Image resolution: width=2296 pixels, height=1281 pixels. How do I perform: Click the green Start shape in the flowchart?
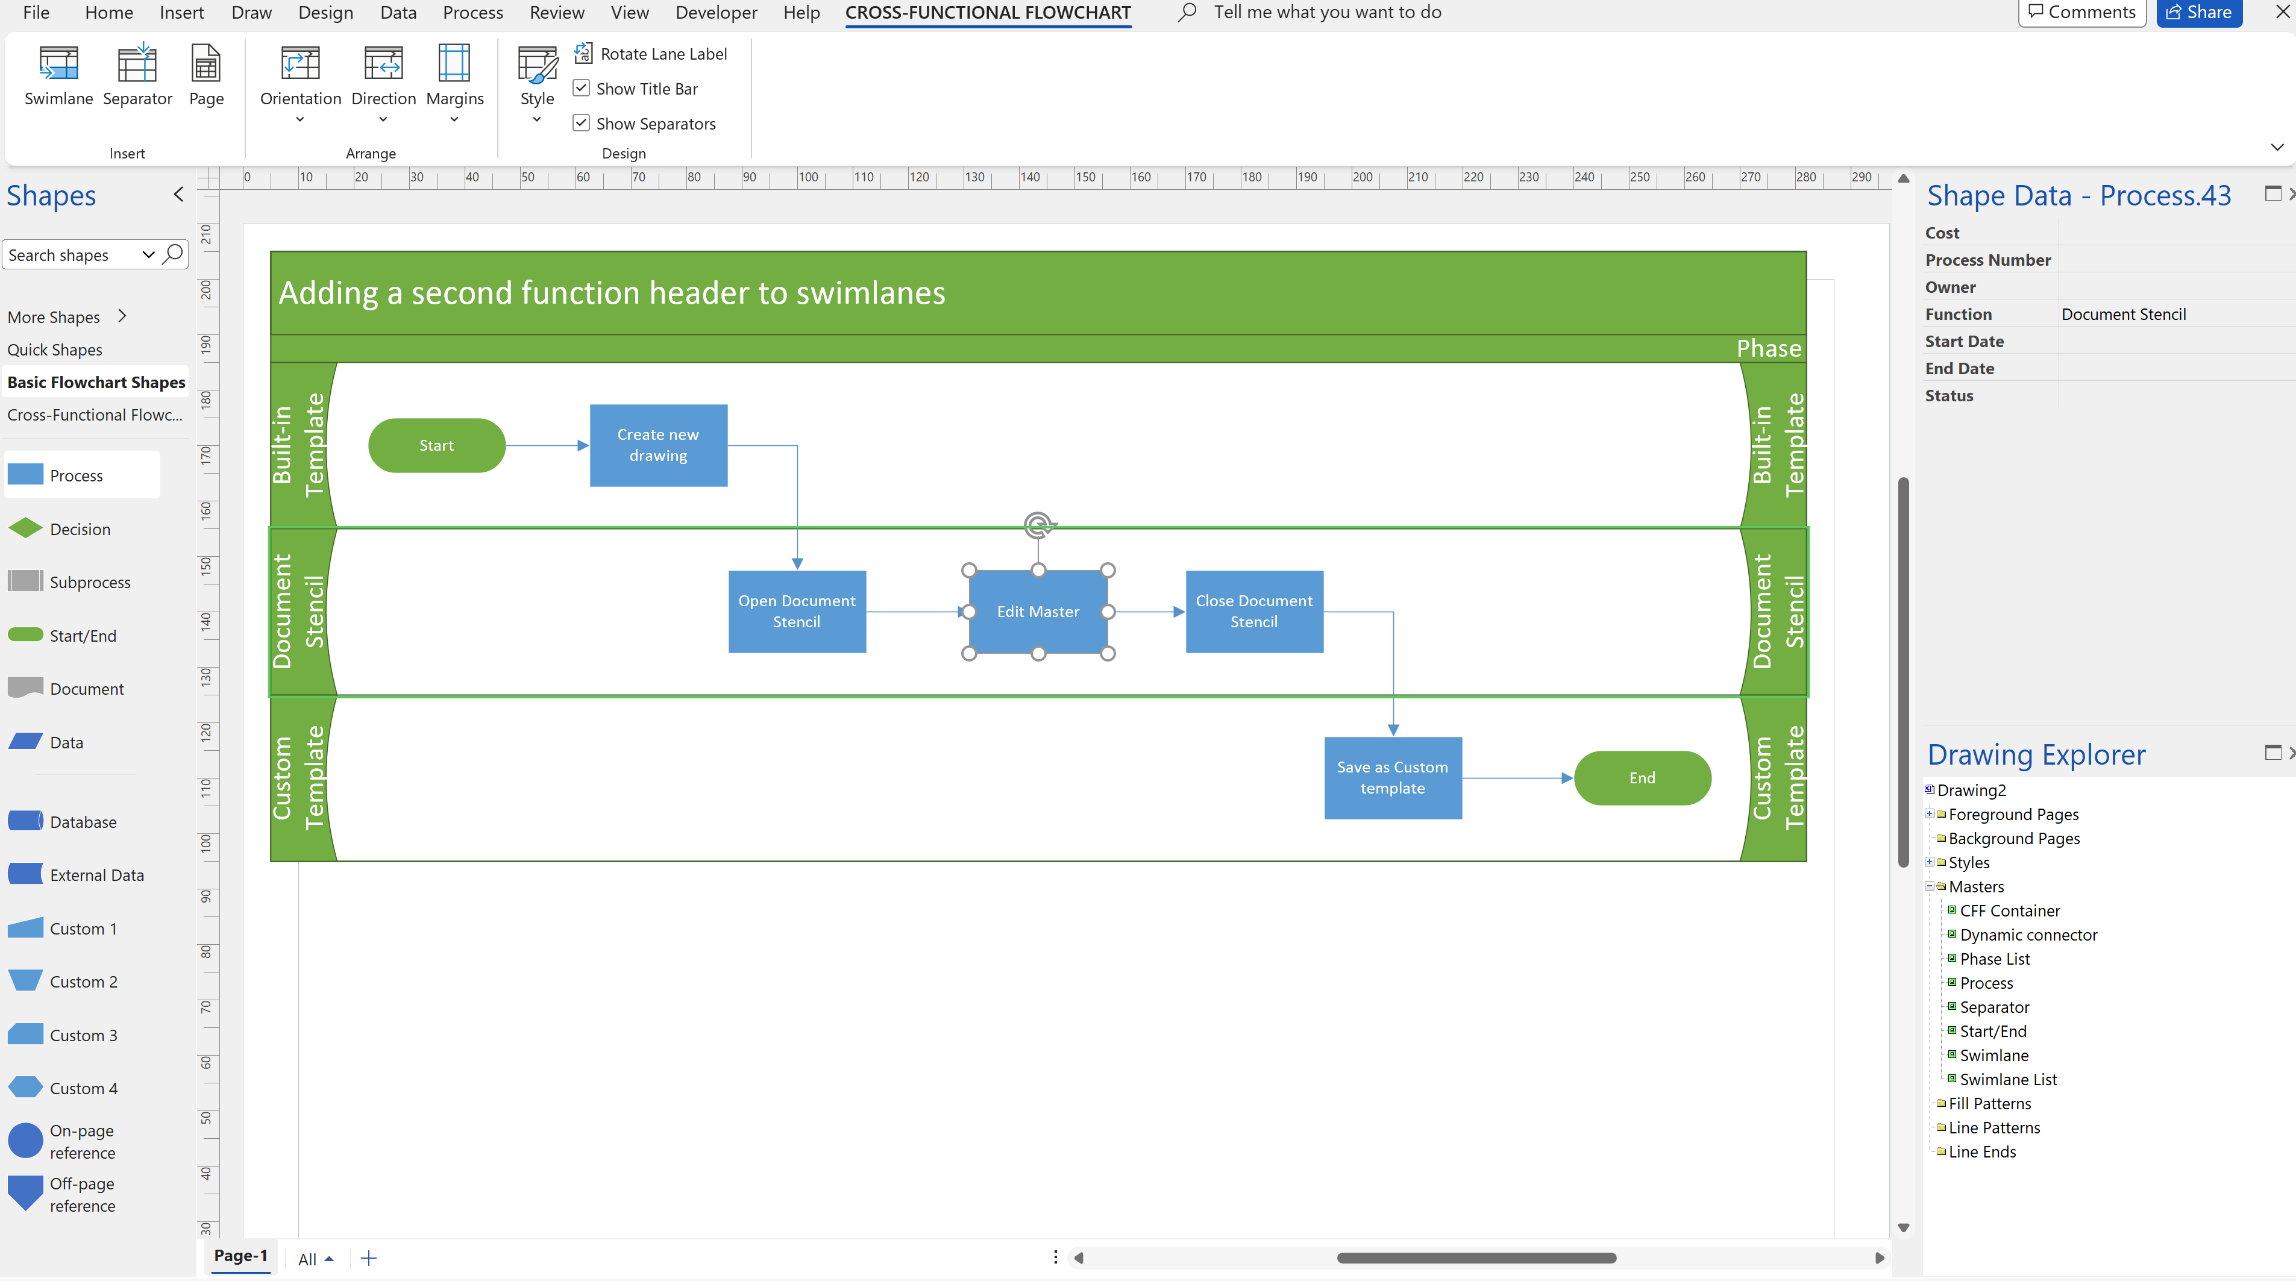(436, 445)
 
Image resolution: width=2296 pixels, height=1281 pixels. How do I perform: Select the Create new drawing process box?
(658, 445)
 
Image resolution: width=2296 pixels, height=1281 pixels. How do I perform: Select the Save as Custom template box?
(1391, 777)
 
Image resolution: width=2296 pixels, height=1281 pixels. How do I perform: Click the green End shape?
(1641, 777)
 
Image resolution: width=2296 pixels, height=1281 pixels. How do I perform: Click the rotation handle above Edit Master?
(1038, 524)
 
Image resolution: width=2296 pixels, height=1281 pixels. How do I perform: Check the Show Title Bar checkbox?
(581, 88)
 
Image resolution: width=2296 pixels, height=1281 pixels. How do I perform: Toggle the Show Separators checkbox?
(581, 123)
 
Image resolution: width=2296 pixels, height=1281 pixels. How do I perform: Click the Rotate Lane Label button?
(651, 54)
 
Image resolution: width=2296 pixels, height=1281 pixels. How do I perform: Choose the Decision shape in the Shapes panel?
(80, 528)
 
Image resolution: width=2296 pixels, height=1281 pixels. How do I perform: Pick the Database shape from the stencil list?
(82, 821)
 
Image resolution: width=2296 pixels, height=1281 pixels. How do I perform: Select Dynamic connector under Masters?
(2028, 934)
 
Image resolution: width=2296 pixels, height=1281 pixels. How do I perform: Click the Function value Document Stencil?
(2122, 314)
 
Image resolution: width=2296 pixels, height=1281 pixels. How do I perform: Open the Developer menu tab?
(716, 13)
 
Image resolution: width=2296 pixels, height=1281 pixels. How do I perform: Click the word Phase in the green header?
(1767, 348)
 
